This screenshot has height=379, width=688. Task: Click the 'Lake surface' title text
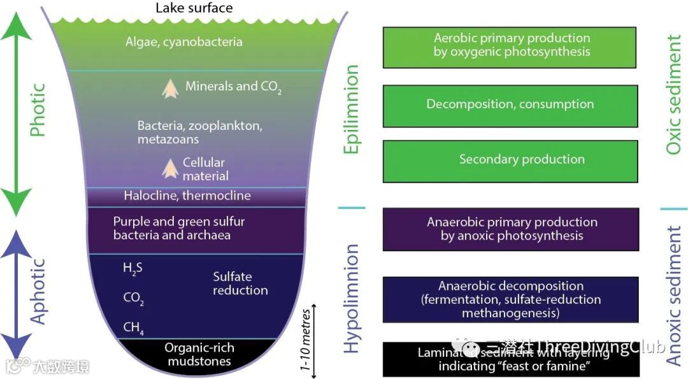tap(194, 8)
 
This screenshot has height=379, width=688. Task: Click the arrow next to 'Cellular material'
tap(169, 168)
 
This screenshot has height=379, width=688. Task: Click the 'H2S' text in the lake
tap(133, 269)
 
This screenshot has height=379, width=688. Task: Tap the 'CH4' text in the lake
tap(133, 328)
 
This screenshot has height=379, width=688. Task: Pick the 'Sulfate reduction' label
tap(240, 283)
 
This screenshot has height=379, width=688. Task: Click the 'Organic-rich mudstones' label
tap(199, 355)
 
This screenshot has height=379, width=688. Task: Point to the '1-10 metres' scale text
tap(306, 340)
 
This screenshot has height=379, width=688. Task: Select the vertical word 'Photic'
tap(39, 110)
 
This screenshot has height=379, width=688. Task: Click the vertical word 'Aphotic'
tap(39, 291)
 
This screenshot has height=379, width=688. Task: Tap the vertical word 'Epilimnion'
tap(351, 109)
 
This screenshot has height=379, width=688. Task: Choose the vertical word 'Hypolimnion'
tap(352, 297)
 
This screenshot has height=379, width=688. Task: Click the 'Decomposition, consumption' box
tap(510, 104)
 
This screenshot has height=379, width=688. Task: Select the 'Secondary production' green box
tap(510, 160)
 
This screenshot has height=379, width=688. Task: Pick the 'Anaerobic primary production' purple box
tap(510, 229)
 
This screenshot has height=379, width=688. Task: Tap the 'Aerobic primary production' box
tap(510, 47)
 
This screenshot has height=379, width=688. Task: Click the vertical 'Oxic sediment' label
tap(673, 95)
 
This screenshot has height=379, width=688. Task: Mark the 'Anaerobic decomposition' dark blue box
tap(510, 299)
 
